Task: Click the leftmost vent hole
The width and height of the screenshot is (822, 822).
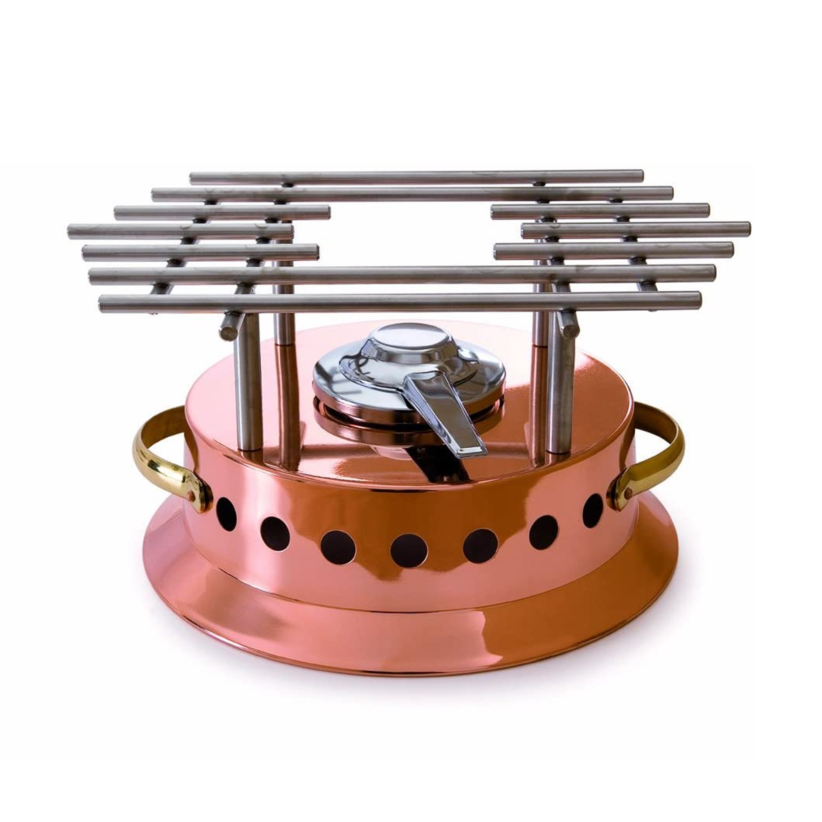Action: click(226, 514)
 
